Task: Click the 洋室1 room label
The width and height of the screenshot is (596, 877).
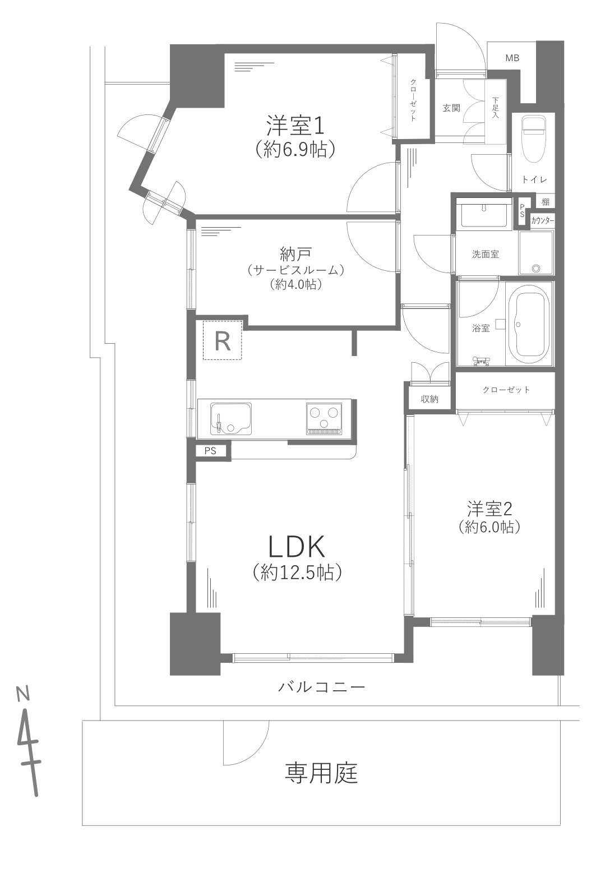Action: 295,126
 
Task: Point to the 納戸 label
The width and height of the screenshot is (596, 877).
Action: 295,255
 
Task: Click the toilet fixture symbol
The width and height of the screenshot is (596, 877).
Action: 533,137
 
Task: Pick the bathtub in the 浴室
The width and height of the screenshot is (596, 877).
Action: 530,325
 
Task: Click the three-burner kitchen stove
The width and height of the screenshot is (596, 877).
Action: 324,418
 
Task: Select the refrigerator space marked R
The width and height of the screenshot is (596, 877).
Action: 223,340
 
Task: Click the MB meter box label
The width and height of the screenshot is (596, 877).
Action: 512,58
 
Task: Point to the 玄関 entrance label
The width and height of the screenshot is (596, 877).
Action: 451,108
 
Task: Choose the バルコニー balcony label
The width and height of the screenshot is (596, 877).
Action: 322,686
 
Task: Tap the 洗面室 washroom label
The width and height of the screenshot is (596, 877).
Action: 484,254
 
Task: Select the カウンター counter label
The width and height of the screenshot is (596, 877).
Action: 542,220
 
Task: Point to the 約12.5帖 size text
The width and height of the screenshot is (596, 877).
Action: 297,571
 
